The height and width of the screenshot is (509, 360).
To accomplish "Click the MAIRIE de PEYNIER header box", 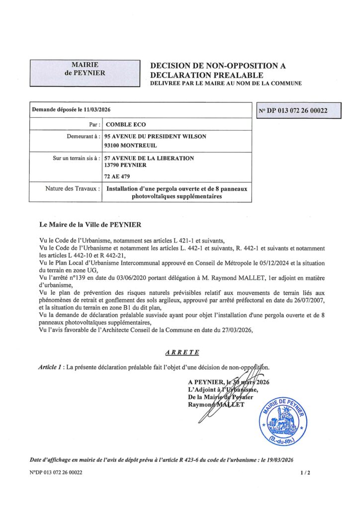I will coord(85,72).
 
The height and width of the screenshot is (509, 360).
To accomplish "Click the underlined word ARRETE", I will coord(182,352).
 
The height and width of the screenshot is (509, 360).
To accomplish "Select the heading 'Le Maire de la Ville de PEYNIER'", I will coord(90,224).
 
